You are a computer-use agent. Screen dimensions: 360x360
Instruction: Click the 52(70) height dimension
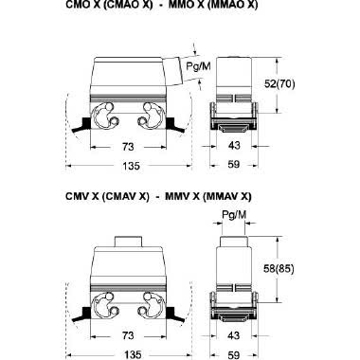click(x=279, y=84)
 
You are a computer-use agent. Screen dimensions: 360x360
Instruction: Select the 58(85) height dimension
click(x=279, y=268)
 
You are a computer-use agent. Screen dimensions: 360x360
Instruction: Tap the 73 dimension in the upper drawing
click(x=128, y=147)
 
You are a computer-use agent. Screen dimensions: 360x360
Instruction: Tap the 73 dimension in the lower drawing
click(x=128, y=335)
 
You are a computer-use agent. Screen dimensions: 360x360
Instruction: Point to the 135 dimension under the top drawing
click(x=131, y=166)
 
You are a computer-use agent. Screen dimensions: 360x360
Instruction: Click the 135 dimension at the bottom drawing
click(x=133, y=354)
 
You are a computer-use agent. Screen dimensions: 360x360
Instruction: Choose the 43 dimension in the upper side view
click(x=234, y=146)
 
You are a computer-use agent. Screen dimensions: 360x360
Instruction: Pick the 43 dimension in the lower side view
click(x=233, y=335)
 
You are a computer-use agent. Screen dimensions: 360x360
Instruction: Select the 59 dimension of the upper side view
click(x=234, y=164)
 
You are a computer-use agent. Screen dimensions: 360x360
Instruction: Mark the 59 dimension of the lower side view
click(x=234, y=354)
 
